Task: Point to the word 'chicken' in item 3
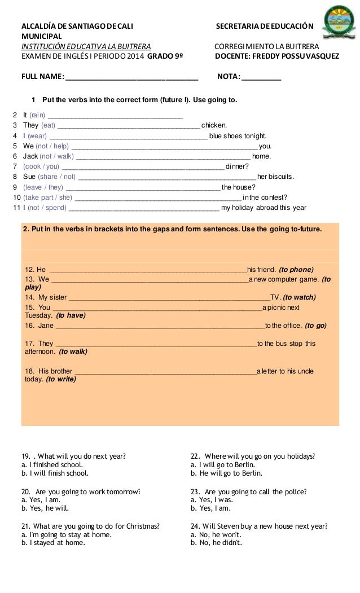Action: [x=214, y=126]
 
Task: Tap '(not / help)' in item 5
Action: [x=52, y=146]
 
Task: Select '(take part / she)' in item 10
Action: [x=47, y=197]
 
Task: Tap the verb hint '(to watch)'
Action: [x=299, y=297]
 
